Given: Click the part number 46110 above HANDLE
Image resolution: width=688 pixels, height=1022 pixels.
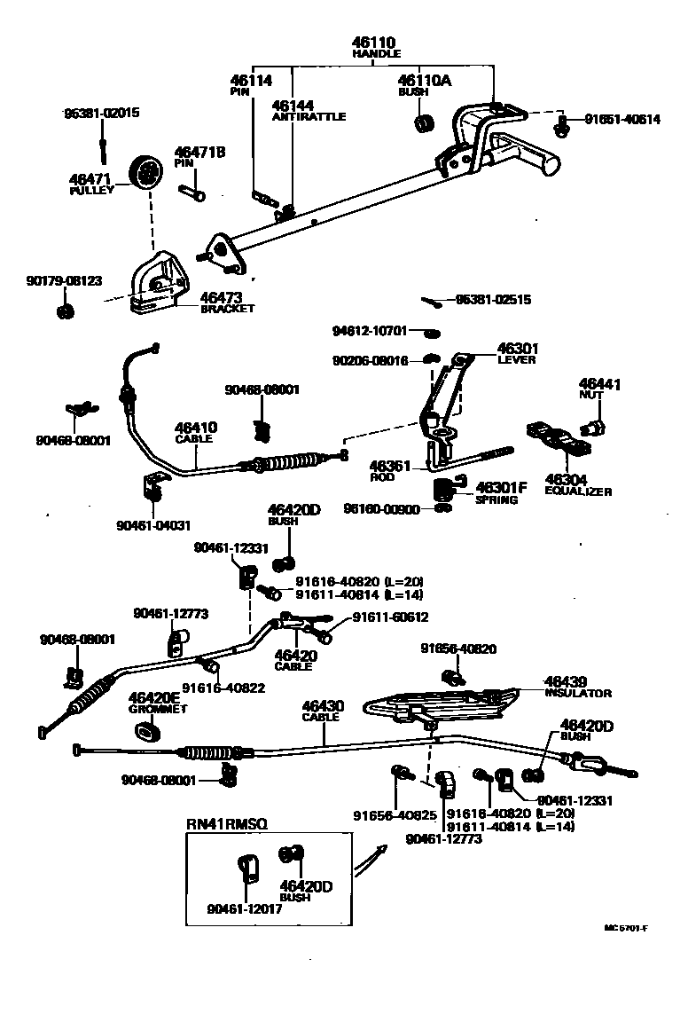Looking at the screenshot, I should [376, 42].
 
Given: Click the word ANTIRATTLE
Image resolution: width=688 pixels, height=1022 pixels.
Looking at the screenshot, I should [309, 117].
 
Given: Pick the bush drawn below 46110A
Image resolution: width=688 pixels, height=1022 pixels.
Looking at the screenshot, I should [425, 121].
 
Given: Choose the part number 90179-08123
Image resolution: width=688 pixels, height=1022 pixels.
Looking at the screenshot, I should [63, 280].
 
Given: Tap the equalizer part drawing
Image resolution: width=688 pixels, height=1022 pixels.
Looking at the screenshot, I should [559, 438].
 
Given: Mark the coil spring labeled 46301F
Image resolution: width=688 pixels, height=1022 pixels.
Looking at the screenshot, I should [445, 489].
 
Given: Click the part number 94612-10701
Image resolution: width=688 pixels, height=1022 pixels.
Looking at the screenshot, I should [369, 331].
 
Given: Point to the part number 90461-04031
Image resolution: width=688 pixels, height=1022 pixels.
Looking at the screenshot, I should [152, 525].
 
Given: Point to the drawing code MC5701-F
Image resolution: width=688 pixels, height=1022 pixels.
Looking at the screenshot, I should [626, 929].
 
